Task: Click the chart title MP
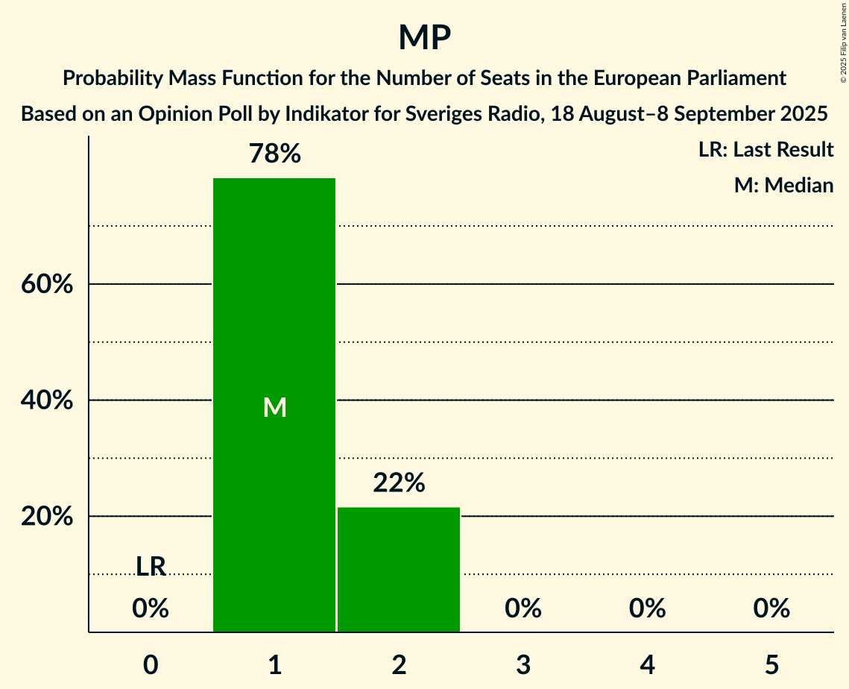(x=424, y=37)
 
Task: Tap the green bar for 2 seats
(x=399, y=570)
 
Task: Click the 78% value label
(x=274, y=154)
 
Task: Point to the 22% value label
(x=399, y=484)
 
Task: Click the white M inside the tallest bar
(x=274, y=407)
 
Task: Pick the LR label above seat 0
(x=151, y=567)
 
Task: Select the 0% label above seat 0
(x=151, y=609)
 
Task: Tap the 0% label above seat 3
(x=523, y=609)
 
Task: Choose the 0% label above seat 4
(x=647, y=609)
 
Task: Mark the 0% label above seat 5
(x=771, y=609)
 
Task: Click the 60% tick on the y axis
(x=45, y=285)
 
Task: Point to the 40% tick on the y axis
(x=45, y=400)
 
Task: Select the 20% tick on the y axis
(x=45, y=517)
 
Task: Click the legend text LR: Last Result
(x=766, y=150)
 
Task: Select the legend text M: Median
(x=783, y=185)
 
